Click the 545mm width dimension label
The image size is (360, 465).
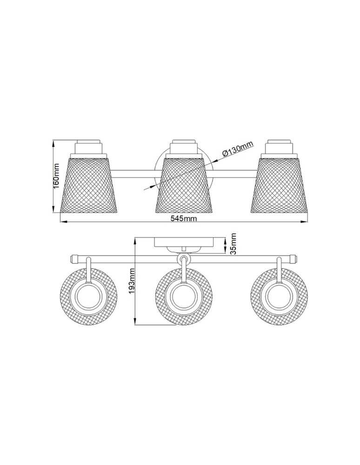(184, 219)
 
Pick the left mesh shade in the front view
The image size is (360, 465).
(89, 185)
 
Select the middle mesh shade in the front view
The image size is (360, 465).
(184, 185)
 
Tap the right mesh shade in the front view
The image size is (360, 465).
(280, 185)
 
